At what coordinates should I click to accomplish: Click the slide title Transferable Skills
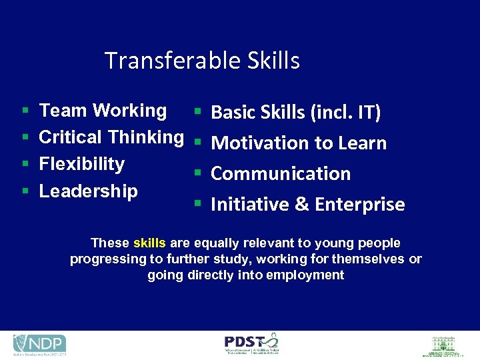(x=202, y=61)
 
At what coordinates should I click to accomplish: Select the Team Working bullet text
(x=103, y=111)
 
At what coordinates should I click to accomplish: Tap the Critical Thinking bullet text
(x=111, y=137)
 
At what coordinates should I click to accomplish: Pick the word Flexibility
(x=82, y=164)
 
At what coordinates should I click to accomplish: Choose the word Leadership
(x=88, y=191)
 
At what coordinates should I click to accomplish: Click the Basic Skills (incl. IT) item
(x=295, y=113)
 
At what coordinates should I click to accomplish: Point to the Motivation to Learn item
(x=298, y=143)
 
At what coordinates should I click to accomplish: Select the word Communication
(x=280, y=173)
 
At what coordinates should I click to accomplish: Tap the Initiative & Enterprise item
(x=307, y=204)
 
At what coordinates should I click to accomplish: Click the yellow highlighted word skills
(x=149, y=243)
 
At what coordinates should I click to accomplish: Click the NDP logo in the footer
(x=39, y=344)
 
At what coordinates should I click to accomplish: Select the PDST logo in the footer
(x=251, y=344)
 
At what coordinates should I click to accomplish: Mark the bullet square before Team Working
(x=24, y=111)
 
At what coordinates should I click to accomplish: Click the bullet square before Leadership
(x=24, y=192)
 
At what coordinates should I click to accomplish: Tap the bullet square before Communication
(x=197, y=174)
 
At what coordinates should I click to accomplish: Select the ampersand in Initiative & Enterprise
(x=301, y=205)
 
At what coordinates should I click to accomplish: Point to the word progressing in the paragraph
(x=98, y=259)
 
